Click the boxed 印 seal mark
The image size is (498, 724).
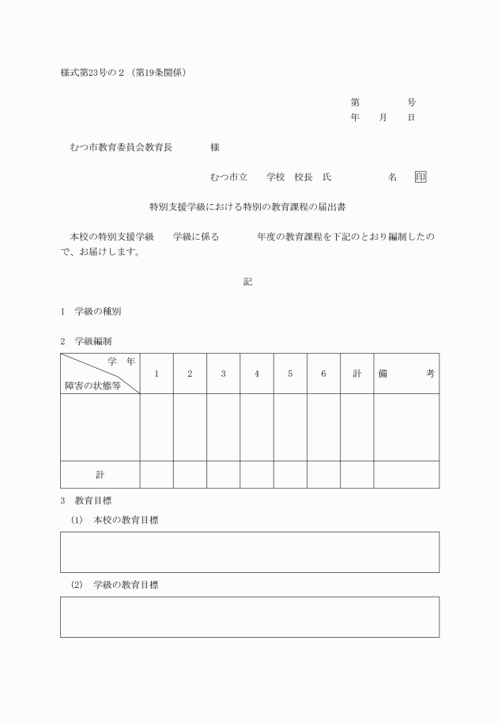(421, 177)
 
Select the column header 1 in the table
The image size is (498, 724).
(157, 373)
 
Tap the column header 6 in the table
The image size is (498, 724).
(323, 373)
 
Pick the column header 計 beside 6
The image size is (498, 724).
(357, 373)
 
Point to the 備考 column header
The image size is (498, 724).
(406, 373)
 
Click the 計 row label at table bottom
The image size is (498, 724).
(100, 475)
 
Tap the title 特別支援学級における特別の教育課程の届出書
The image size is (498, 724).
(248, 207)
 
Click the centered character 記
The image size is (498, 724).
(248, 282)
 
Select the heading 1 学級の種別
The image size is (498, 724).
(91, 311)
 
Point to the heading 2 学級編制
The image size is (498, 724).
(91, 341)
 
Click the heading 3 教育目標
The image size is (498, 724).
(91, 500)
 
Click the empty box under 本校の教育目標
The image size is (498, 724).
(249, 552)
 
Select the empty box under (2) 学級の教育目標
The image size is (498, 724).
(249, 616)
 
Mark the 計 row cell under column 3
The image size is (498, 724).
(223, 475)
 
